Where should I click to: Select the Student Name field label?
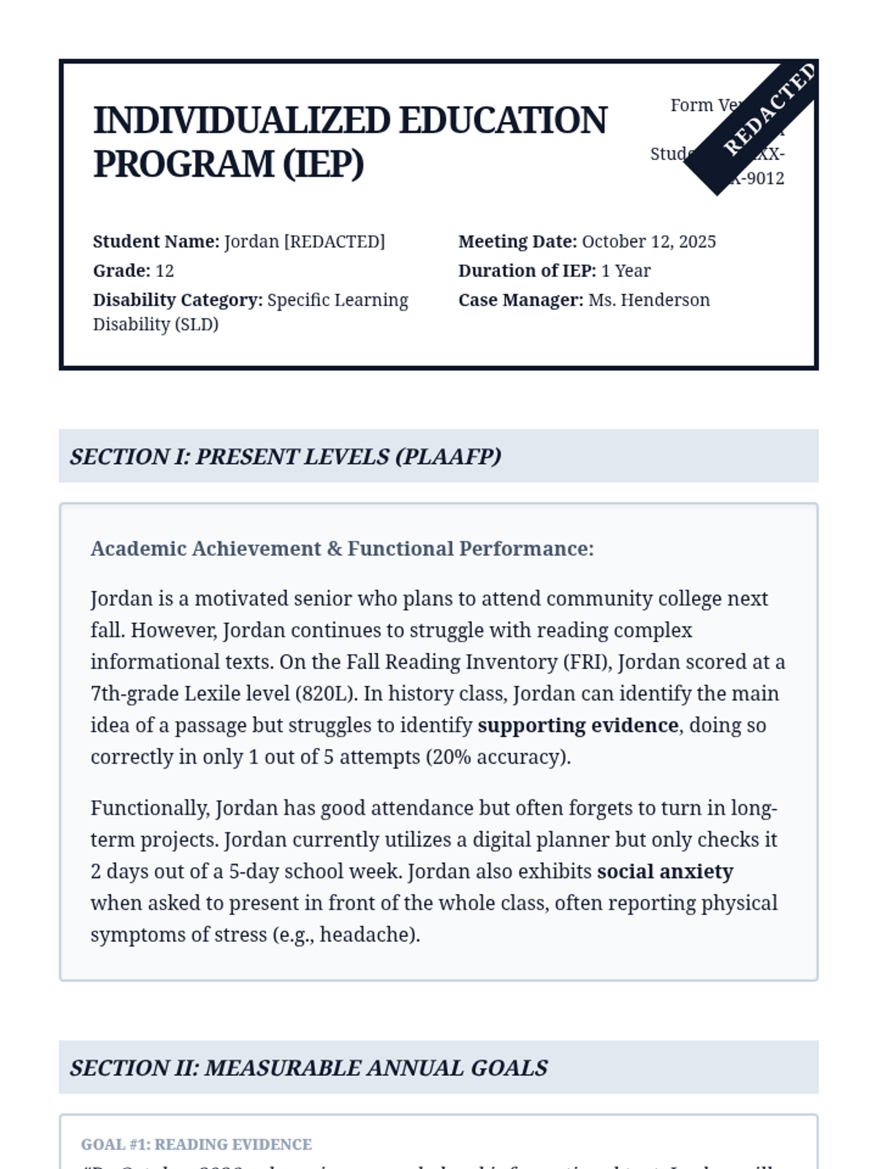(156, 242)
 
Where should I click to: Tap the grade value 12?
(164, 271)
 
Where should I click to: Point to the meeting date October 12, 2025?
(648, 242)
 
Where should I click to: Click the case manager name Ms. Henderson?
(649, 300)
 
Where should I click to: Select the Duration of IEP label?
(527, 271)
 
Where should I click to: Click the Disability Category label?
(178, 300)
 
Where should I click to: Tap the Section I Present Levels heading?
(286, 457)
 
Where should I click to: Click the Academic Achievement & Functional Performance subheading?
(342, 549)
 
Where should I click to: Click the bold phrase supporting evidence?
(578, 726)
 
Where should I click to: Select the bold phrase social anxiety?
(665, 872)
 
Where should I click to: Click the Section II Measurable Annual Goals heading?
(308, 1068)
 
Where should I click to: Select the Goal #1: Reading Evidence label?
(196, 1144)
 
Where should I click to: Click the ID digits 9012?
(764, 179)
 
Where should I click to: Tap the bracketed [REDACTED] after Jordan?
(334, 242)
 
